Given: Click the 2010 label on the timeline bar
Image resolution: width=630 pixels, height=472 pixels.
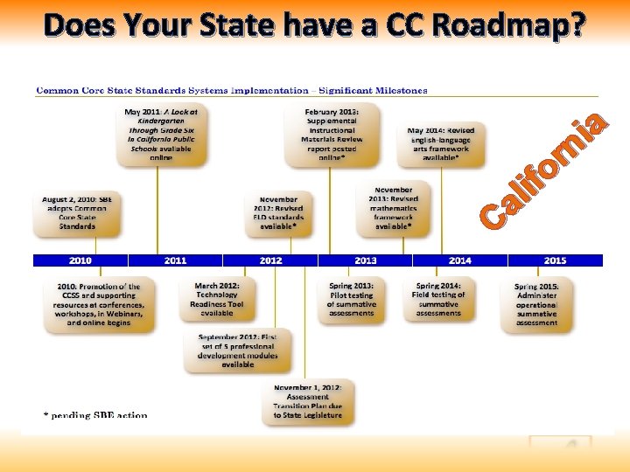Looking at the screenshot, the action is coord(80,260).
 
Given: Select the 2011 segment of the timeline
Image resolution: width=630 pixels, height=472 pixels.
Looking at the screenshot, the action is coord(175,260).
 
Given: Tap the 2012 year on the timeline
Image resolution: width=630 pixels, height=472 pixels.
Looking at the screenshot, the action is coord(270,260).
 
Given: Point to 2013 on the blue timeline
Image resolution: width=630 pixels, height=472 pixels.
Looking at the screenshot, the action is coord(366,260).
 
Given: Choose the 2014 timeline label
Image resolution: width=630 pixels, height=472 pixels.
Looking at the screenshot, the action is coord(460,260).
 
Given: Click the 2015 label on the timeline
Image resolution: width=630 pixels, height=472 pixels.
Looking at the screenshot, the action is coord(555,260).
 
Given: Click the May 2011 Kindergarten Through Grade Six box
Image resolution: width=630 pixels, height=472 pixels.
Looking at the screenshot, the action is coord(162,135).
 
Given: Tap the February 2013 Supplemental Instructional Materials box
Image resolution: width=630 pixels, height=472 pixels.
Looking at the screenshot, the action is coord(331,135).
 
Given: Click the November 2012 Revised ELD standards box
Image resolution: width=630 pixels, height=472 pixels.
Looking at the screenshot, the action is coord(277,212).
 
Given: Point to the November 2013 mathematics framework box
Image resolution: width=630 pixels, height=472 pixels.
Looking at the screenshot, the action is coord(394,207).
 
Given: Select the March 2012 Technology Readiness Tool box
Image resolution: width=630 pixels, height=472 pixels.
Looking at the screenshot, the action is coord(217,299).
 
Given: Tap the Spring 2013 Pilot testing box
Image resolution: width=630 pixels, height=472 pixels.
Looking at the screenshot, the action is coord(351,299).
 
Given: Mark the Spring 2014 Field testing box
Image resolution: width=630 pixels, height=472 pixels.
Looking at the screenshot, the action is coord(439,299).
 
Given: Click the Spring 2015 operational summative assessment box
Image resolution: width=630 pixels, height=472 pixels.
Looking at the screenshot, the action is coord(537,304).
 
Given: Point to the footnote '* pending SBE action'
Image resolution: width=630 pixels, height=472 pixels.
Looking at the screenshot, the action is coord(96,415).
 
